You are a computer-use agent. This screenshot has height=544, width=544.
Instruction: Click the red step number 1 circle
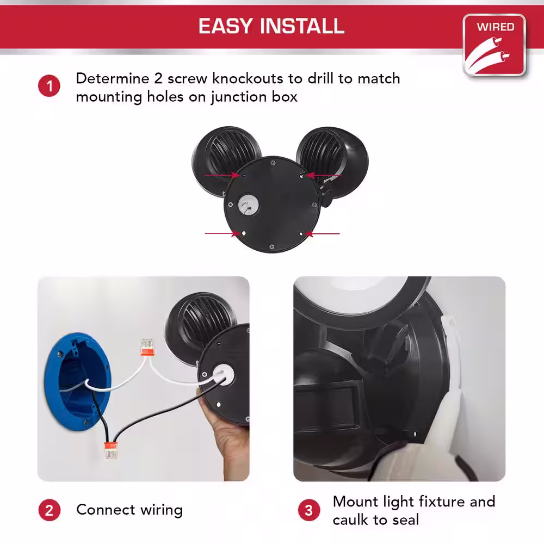click(x=49, y=86)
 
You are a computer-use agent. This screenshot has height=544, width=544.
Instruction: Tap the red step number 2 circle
click(x=50, y=510)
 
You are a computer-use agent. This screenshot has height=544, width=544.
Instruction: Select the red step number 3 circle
click(x=309, y=510)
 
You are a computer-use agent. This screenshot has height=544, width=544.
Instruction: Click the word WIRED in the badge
click(x=495, y=27)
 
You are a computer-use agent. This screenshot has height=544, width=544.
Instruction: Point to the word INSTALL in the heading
click(x=302, y=26)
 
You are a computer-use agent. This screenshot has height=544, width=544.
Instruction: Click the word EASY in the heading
click(x=226, y=26)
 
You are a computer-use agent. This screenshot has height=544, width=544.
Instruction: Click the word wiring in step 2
click(x=162, y=510)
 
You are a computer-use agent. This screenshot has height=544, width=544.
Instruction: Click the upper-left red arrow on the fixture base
click(x=222, y=175)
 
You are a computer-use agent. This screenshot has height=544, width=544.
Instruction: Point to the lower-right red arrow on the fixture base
click(x=323, y=234)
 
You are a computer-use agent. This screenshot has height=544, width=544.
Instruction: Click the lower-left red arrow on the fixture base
click(x=222, y=233)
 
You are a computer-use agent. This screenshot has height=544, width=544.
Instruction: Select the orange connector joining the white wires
click(x=146, y=347)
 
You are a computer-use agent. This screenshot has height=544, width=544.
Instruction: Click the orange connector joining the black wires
click(x=111, y=450)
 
